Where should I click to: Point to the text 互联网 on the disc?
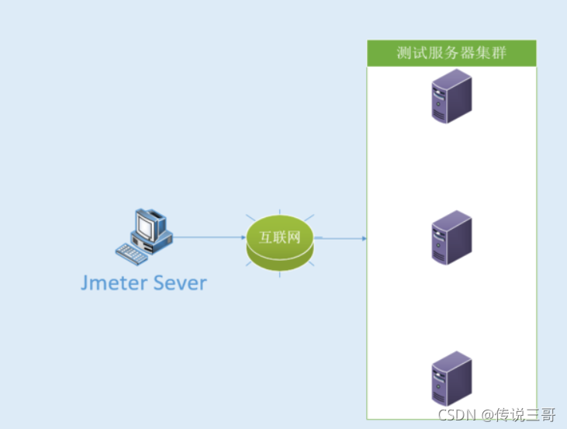click(280, 237)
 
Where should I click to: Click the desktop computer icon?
click(145, 234)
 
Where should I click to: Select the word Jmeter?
click(117, 283)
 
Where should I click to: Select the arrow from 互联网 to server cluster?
click(341, 238)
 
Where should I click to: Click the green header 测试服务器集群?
click(451, 53)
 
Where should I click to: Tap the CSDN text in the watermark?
click(457, 415)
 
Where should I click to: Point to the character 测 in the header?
click(403, 53)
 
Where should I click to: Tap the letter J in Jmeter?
click(85, 283)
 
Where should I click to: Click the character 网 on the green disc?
click(293, 237)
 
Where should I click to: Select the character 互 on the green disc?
click(266, 237)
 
